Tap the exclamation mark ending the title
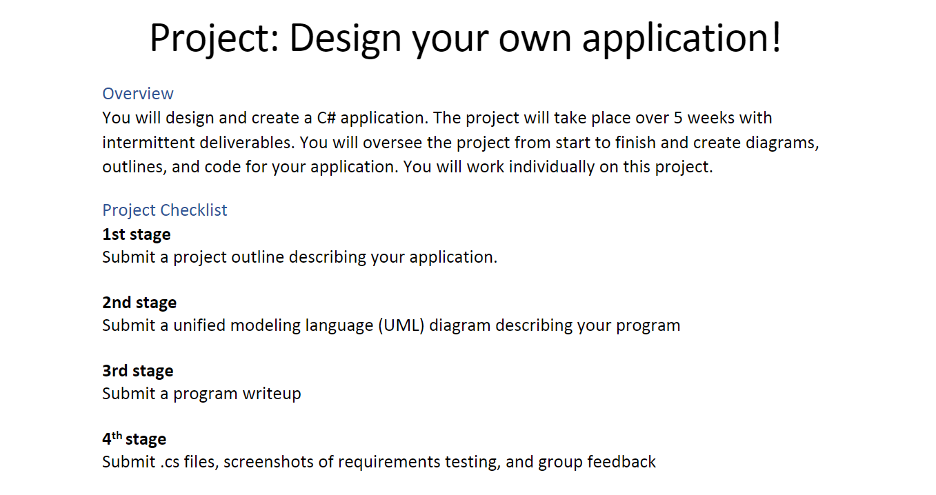777,37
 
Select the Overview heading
138,94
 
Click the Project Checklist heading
165,210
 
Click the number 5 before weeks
679,118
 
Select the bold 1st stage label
137,234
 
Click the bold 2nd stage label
139,303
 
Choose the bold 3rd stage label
138,371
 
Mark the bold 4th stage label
135,439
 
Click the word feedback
621,462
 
